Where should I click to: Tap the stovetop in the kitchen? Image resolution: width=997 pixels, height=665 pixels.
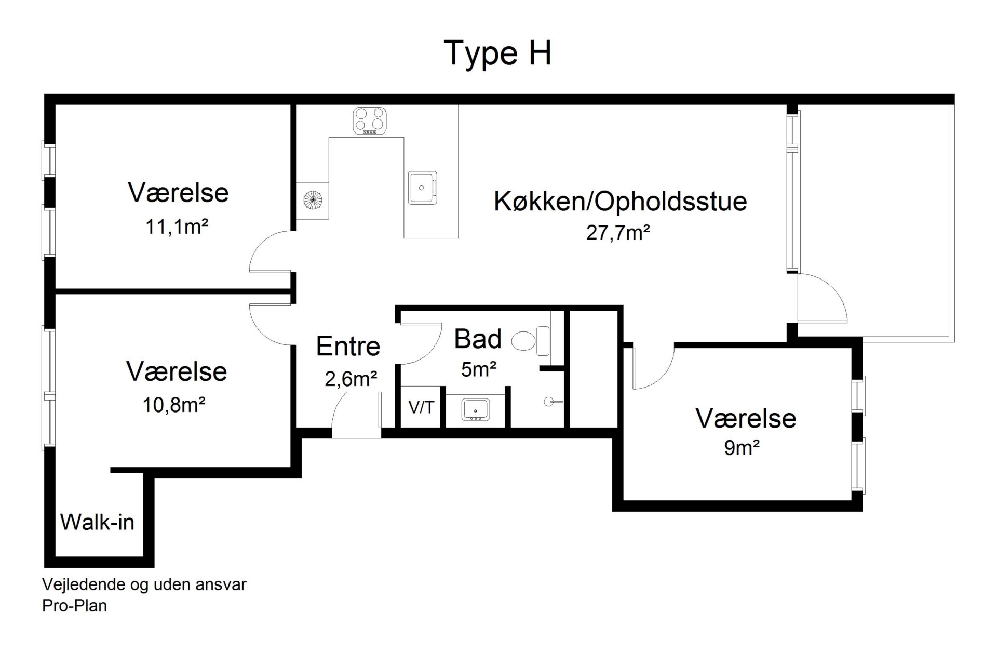tap(370, 121)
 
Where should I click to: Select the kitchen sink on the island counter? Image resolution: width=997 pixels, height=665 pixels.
tap(422, 188)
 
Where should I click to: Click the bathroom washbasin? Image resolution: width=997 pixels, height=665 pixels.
tap(475, 409)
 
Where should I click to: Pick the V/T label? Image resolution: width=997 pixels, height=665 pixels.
tap(421, 408)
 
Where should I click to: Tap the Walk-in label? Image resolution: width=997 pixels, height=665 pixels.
tap(97, 522)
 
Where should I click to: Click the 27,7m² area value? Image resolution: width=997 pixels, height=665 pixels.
tap(618, 233)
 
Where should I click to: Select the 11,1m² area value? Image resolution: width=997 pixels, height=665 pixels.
tap(177, 227)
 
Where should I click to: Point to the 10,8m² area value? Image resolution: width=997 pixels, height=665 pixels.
tap(174, 405)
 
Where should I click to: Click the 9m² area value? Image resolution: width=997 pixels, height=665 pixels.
tap(742, 447)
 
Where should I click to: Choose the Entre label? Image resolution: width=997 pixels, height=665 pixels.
tap(348, 346)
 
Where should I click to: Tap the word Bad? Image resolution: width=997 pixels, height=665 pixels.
tap(478, 339)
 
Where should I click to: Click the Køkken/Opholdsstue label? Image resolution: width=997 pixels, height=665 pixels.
tap(621, 202)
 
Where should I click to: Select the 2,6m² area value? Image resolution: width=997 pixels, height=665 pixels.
tap(351, 379)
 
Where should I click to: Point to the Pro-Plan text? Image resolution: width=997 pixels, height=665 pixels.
tap(74, 606)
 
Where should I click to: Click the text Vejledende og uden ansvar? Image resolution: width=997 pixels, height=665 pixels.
tap(144, 585)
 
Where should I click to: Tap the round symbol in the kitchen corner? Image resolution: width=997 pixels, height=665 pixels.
tap(313, 199)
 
